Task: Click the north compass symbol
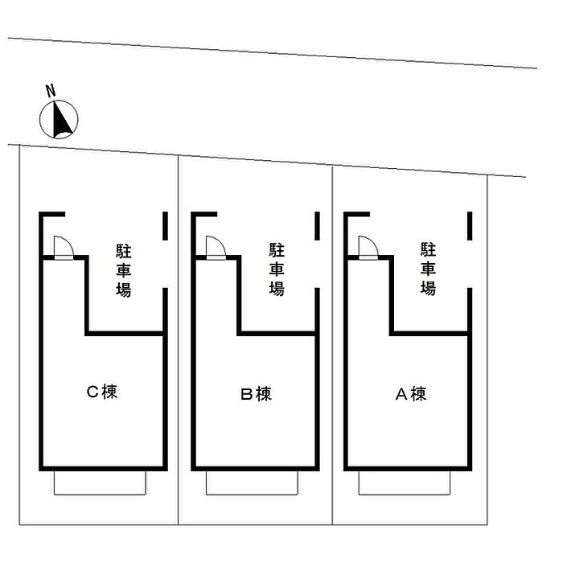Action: (x=59, y=120)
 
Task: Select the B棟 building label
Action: (x=256, y=394)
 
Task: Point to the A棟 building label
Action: (x=409, y=394)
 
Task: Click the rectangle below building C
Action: (x=100, y=483)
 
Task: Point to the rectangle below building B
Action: (x=253, y=483)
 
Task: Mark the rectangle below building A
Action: (x=405, y=483)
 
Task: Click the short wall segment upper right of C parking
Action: (x=165, y=225)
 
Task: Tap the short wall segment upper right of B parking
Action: (x=317, y=225)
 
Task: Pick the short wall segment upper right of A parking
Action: (x=470, y=225)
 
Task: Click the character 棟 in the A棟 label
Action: (x=418, y=394)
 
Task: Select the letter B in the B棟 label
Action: (x=247, y=394)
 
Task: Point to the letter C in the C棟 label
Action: (x=92, y=392)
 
